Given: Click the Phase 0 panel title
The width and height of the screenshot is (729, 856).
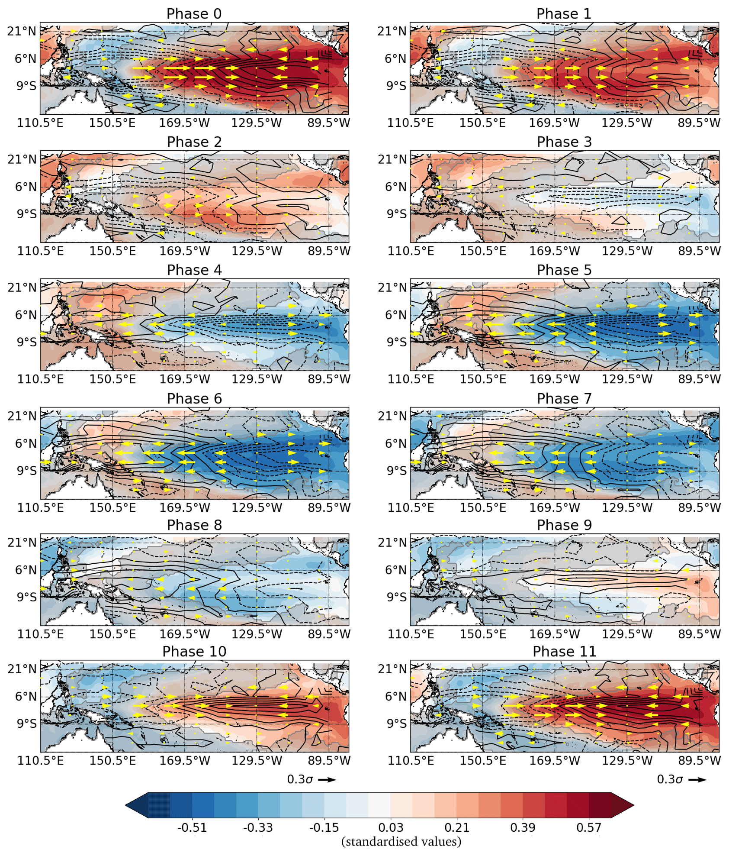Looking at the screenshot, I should pyautogui.click(x=194, y=14).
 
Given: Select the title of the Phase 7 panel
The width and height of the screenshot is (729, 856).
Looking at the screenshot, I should pyautogui.click(x=564, y=398).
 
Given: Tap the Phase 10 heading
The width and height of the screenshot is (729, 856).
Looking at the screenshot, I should pyautogui.click(x=194, y=651).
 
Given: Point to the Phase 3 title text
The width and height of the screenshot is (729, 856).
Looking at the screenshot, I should pyautogui.click(x=564, y=142).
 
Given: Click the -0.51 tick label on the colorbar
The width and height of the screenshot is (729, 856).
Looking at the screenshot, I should pyautogui.click(x=192, y=827).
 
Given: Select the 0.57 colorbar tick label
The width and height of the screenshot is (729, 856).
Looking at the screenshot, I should pyautogui.click(x=588, y=827).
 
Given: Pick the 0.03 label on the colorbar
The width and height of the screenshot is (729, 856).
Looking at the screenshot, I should pyautogui.click(x=391, y=827).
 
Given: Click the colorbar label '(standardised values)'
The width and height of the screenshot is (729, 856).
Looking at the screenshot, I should pyautogui.click(x=401, y=841).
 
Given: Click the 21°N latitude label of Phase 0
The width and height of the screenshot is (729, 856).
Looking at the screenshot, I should pyautogui.click(x=22, y=31).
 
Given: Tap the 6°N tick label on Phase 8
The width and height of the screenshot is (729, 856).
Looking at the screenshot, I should pyautogui.click(x=26, y=570).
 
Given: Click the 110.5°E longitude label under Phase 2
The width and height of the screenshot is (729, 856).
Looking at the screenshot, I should pyautogui.click(x=40, y=251).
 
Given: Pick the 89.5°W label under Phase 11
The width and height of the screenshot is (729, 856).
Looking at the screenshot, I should pyautogui.click(x=699, y=760).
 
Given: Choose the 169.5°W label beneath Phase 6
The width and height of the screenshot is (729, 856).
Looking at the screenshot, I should pyautogui.click(x=184, y=507).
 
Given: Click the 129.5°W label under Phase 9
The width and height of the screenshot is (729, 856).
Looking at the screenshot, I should pyautogui.click(x=627, y=634).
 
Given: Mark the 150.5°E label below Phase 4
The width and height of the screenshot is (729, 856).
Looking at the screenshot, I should pyautogui.click(x=112, y=379).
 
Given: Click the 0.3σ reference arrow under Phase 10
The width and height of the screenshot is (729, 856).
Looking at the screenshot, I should pyautogui.click(x=328, y=780).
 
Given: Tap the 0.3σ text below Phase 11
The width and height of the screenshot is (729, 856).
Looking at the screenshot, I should pyautogui.click(x=669, y=779).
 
